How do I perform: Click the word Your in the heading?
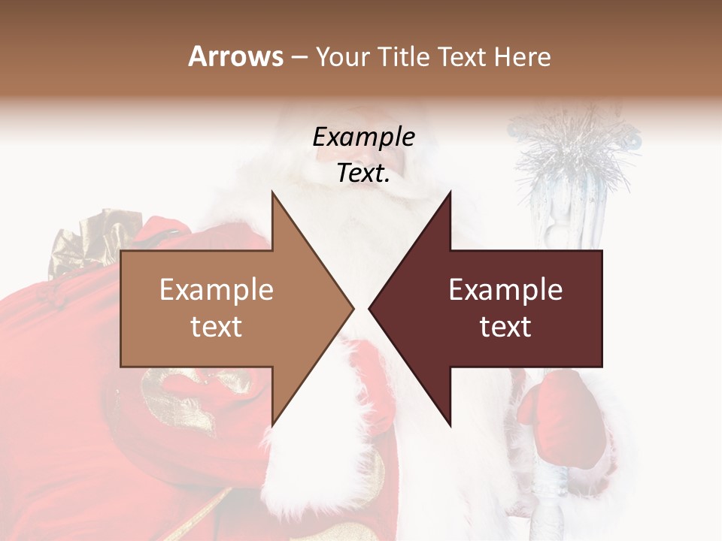[342, 56]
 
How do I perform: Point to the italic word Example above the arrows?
[363, 138]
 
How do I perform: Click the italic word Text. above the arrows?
[363, 174]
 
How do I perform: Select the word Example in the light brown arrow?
[216, 290]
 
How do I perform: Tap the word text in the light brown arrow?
[216, 327]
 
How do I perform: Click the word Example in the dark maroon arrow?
[505, 290]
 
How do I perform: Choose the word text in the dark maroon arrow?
[505, 327]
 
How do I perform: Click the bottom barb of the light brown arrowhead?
[274, 421]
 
